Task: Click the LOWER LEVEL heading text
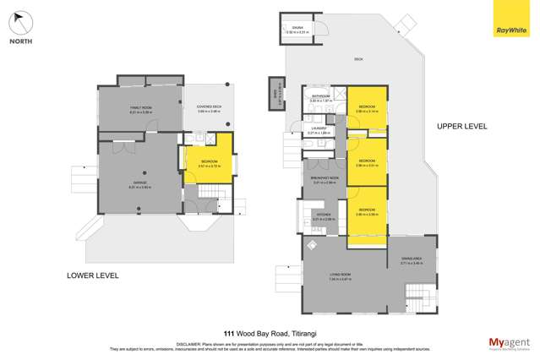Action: coord(93,275)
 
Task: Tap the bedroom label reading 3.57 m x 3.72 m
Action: coord(208,163)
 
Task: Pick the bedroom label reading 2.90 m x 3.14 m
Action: coord(366,109)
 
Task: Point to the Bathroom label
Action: coord(320,97)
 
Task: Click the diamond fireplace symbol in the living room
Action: coord(311,244)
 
